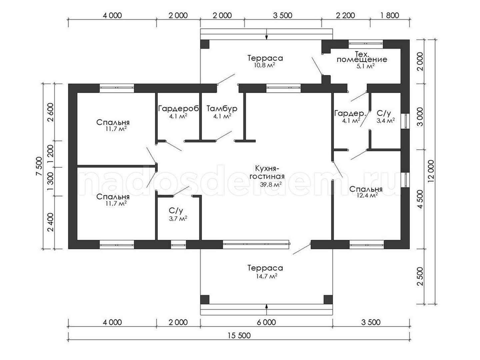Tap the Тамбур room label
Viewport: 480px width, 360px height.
point(222,108)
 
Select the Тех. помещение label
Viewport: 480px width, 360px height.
point(362,57)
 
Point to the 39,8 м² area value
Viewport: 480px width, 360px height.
point(271,184)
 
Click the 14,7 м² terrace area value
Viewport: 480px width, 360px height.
point(267,276)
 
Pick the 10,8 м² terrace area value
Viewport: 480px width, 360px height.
point(264,65)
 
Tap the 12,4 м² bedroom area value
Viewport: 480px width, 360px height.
point(367,195)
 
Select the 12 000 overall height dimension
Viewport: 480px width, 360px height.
point(431,172)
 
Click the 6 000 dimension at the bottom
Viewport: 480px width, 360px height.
point(266,322)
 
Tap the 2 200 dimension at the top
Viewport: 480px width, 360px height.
point(346,16)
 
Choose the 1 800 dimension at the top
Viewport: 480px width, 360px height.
point(390,16)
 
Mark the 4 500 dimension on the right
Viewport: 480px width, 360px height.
point(420,199)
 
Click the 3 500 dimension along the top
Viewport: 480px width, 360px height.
point(283,16)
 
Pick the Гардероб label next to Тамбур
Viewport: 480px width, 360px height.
point(179,108)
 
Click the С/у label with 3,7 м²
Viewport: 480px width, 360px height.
point(176,211)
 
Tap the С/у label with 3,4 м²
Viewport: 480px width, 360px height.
point(384,113)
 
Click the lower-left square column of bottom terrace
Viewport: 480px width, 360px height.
point(205,299)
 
